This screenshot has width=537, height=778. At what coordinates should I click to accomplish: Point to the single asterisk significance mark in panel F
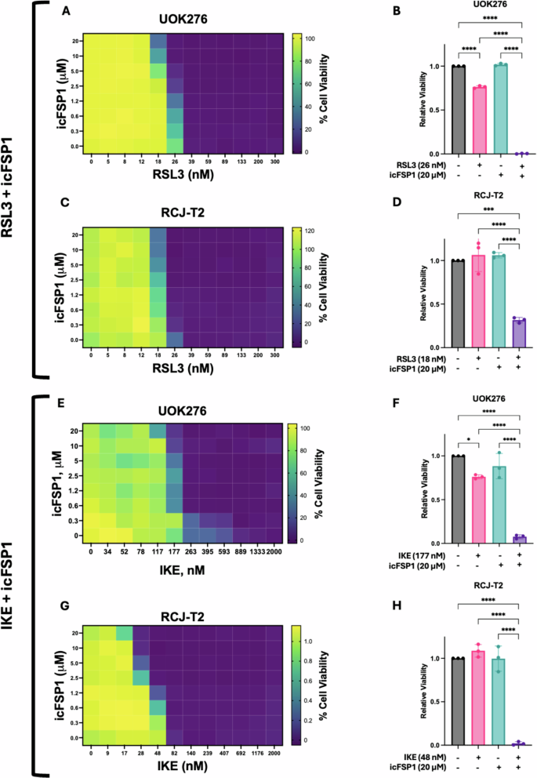468,438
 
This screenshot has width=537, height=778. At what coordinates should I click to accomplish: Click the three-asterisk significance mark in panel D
490,212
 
